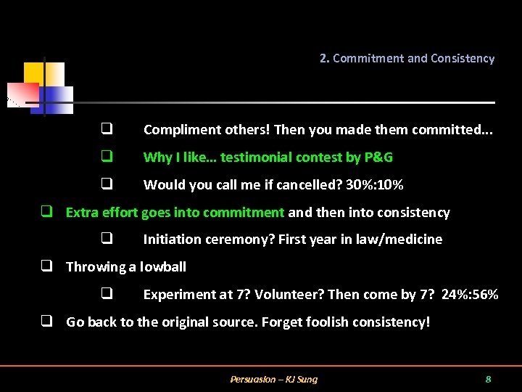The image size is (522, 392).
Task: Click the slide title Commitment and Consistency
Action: [x=413, y=59]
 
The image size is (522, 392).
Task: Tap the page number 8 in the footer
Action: [x=488, y=379]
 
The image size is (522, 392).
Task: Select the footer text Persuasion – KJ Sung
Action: [x=273, y=379]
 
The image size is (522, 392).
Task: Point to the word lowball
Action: [x=163, y=267]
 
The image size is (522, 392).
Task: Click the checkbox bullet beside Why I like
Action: [x=106, y=157]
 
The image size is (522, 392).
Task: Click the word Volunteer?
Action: [x=292, y=295]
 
